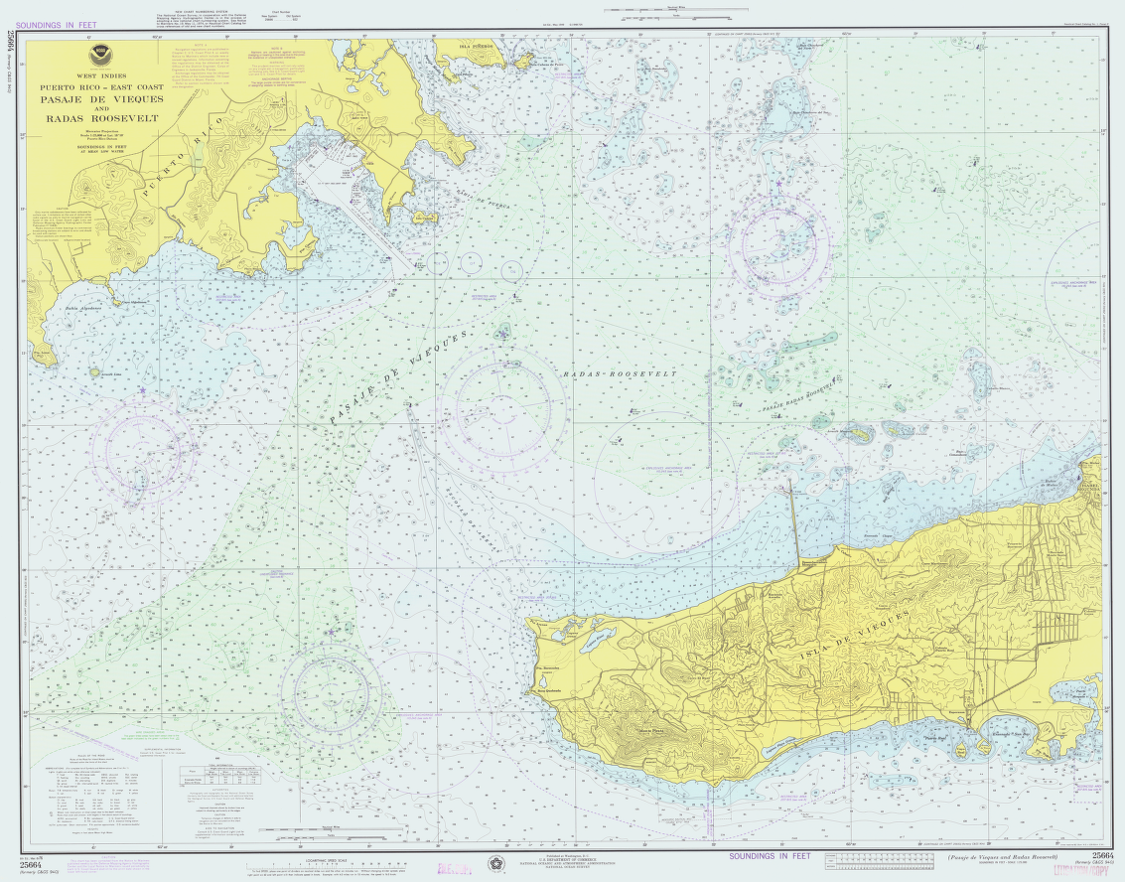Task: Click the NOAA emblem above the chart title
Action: (x=97, y=57)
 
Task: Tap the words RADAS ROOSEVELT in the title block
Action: (x=102, y=119)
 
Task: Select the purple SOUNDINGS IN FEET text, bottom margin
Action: (x=770, y=855)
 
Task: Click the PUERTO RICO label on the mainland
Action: (x=186, y=159)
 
